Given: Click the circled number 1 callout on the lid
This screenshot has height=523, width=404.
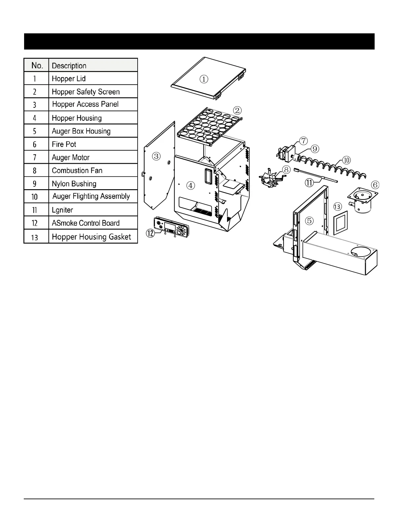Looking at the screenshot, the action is [204, 79].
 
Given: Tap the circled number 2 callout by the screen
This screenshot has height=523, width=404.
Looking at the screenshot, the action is [237, 111].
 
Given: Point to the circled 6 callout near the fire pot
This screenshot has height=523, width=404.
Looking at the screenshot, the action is [375, 185].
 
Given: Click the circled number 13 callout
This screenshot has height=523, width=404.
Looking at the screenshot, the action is [337, 207].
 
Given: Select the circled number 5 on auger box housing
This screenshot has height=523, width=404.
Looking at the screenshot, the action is [309, 221].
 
